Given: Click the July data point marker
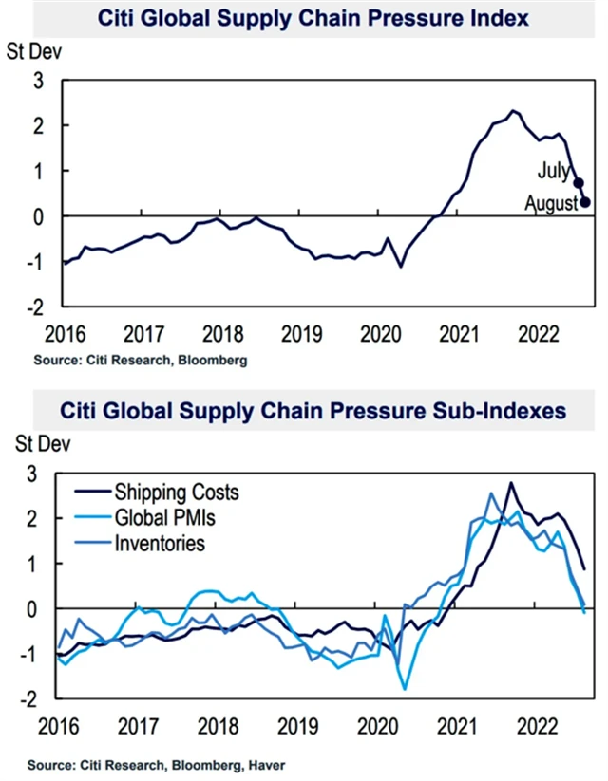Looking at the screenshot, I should [578, 183].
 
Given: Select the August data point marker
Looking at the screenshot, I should [585, 201].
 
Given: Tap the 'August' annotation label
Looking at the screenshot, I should [552, 202].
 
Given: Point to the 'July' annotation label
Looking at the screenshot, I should [553, 172].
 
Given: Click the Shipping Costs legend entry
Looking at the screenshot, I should [176, 493].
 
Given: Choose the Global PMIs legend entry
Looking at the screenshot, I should [172, 518].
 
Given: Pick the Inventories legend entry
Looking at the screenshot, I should [159, 544].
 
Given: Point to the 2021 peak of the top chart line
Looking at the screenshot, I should [513, 111].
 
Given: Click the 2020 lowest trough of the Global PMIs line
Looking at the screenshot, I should [405, 688].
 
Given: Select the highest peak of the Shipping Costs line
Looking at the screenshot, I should [511, 483].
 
